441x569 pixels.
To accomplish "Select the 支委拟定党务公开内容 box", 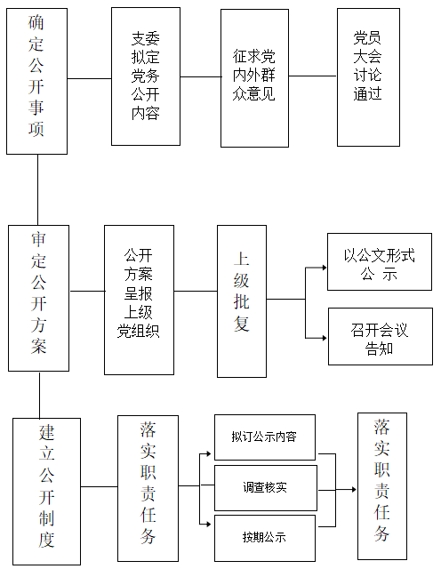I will (x=146, y=76).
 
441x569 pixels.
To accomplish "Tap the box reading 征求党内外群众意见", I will (x=254, y=78).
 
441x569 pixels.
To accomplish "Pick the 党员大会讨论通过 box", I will (x=368, y=76).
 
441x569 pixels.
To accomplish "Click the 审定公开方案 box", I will (x=38, y=298).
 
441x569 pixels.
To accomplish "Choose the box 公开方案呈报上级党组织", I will (x=139, y=300).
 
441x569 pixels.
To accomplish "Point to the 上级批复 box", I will (x=242, y=300).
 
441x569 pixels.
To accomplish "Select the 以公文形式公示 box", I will (x=380, y=262).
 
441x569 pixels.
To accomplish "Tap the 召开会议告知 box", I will (x=380, y=337).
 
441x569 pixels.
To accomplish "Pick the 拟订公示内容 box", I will (x=265, y=437).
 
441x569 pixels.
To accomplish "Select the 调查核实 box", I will (x=265, y=488).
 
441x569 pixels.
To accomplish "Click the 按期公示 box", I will (x=265, y=538).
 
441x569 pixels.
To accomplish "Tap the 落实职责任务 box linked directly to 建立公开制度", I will (x=148, y=488).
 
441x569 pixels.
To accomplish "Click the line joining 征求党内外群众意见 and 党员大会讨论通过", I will (x=313, y=76).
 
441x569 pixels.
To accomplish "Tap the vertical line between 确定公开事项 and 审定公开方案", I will (x=37, y=189).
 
